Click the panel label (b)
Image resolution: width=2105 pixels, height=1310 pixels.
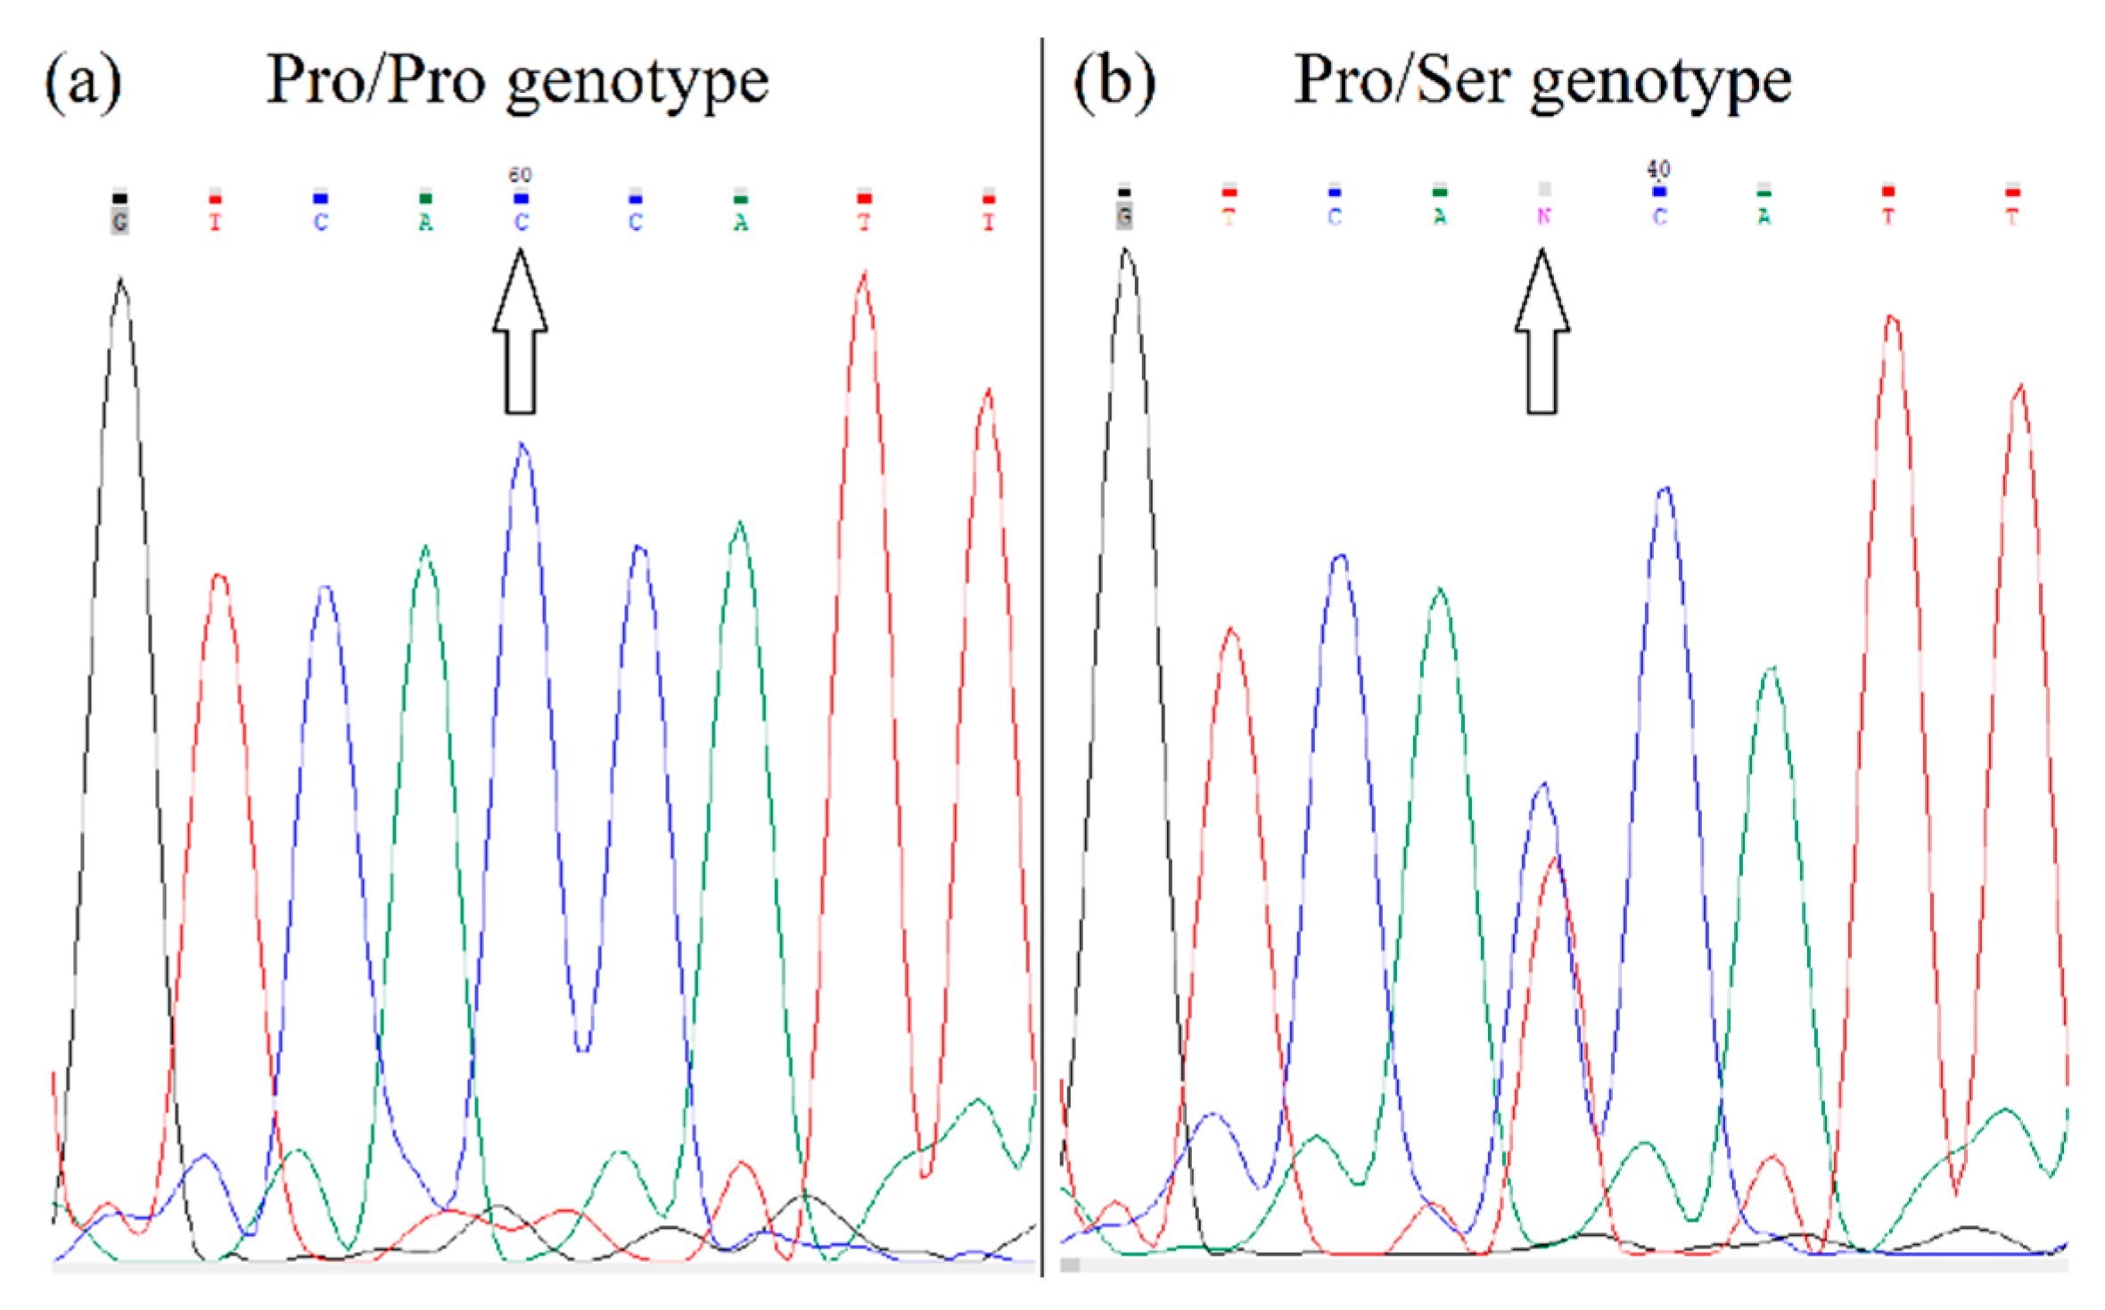(1114, 82)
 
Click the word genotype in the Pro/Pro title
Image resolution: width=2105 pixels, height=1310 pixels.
(637, 83)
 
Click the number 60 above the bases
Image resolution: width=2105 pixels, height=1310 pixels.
(520, 175)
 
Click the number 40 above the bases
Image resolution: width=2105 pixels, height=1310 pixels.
(1658, 169)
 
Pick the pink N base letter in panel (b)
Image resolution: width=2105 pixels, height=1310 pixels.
(1544, 217)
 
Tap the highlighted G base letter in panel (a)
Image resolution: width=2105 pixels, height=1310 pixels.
(119, 221)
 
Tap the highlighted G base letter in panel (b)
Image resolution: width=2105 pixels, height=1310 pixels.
(1124, 216)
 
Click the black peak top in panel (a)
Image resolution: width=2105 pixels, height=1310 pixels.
(121, 281)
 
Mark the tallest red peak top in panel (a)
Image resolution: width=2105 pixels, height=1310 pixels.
(863, 275)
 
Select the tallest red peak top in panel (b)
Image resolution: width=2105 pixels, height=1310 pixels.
(1891, 317)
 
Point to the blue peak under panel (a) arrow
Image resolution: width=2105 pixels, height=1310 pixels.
(522, 445)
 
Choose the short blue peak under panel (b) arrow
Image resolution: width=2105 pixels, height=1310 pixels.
(1543, 786)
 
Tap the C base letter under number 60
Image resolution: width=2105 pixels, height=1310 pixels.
(521, 222)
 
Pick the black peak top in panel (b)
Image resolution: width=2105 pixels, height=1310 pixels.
(1126, 251)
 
